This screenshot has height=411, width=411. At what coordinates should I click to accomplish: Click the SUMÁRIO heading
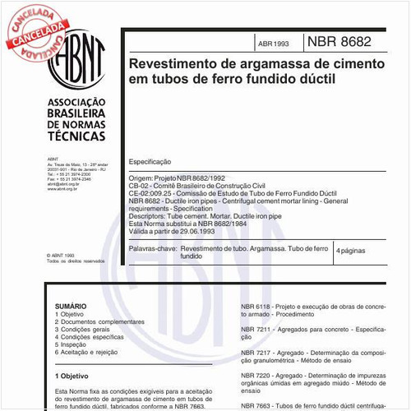70,304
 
